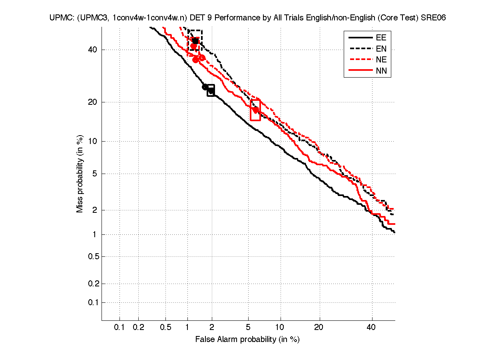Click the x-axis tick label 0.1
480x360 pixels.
pos(120,328)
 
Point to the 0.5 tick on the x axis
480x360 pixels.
pos(165,328)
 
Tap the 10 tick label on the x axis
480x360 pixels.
pos(281,328)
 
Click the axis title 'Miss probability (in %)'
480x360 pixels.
pos(80,174)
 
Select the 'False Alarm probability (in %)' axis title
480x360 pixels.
pos(247,340)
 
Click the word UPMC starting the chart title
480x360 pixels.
pos(60,18)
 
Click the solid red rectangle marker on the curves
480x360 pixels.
pos(255,110)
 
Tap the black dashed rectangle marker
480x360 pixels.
pos(195,40)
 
